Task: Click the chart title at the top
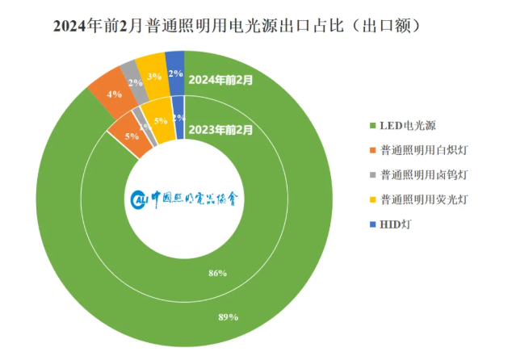coord(241,25)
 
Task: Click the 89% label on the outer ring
coord(228,316)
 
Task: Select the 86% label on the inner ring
coord(216,274)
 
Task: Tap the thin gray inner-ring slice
coord(147,132)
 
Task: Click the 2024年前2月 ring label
coord(220,80)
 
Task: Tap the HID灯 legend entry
coord(396,223)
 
